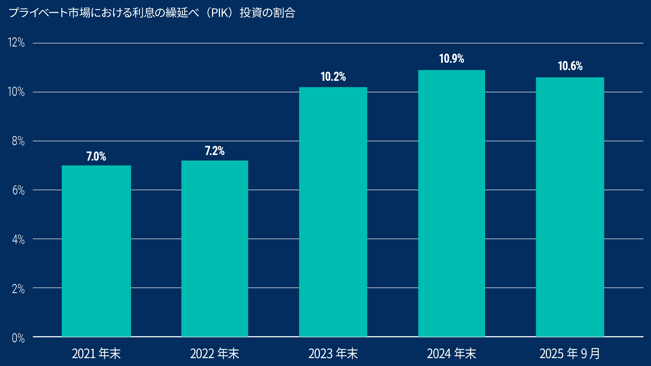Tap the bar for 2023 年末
pos(333,212)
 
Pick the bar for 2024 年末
pos(452,203)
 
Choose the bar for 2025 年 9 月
pos(570,207)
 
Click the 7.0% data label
pos(96,156)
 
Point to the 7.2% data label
pos(215,151)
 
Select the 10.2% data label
pos(333,77)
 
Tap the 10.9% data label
pos(452,59)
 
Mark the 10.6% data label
pos(570,66)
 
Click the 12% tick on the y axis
pos(16,42)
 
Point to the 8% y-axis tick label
pos(18,141)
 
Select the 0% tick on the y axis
pos(18,338)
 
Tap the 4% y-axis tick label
pos(18,239)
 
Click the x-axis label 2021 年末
pos(96,354)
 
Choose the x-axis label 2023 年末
pos(333,354)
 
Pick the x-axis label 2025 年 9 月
pos(570,354)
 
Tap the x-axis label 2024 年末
pos(451,354)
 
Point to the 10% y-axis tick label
pos(16,92)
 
